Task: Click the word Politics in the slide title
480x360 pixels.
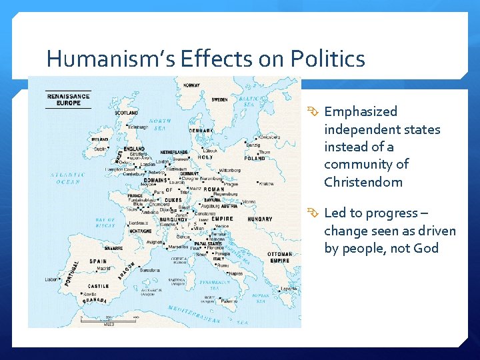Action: pos(327,59)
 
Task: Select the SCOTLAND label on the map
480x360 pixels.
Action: pos(127,113)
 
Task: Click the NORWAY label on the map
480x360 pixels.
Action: pos(191,85)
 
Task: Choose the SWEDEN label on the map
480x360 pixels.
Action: pos(219,99)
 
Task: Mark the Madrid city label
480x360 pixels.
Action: pos(104,269)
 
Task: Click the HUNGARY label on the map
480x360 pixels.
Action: pos(259,219)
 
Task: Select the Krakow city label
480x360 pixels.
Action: pos(267,183)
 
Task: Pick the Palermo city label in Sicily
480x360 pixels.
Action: pos(229,301)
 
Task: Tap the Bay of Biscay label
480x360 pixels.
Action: pos(105,223)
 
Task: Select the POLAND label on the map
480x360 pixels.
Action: pos(255,159)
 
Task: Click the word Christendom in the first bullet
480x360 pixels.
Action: pos(363,182)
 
